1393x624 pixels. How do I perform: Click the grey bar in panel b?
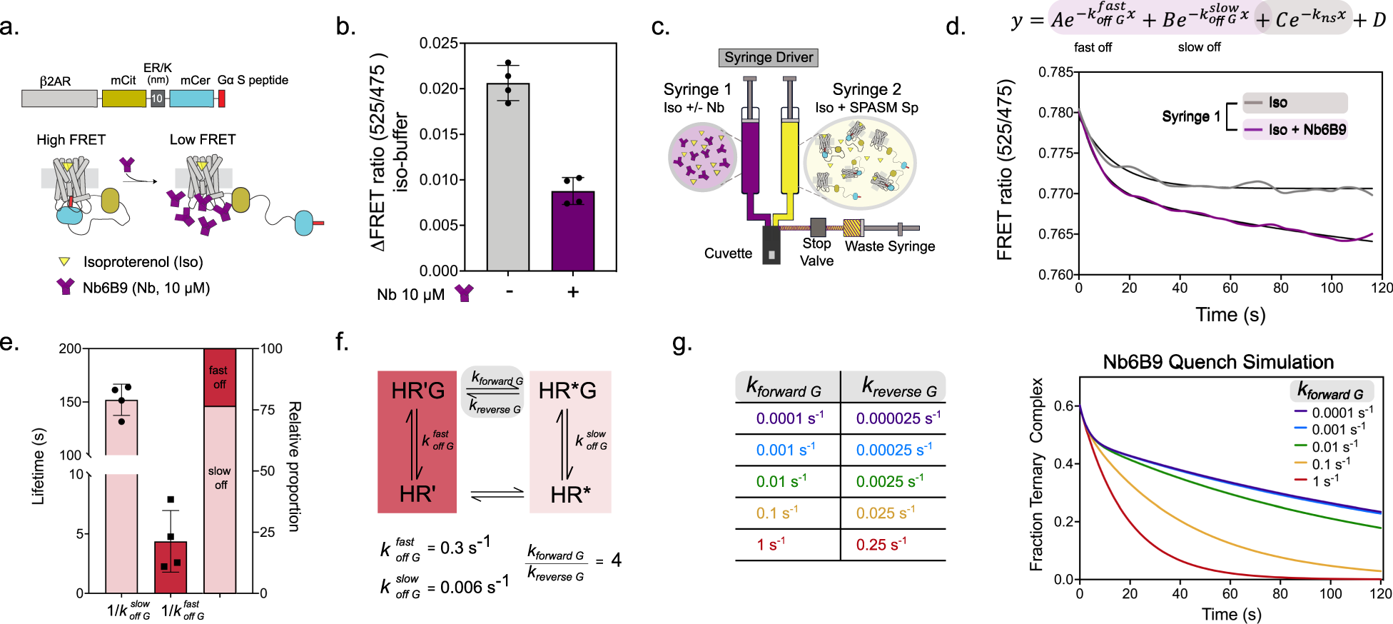(x=507, y=177)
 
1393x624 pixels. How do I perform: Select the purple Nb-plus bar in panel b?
(x=572, y=231)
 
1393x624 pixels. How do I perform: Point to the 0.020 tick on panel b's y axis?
(x=438, y=89)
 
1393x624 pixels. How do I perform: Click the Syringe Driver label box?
(x=768, y=58)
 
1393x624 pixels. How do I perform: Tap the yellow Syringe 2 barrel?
(x=789, y=157)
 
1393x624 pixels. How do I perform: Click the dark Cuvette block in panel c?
(x=771, y=246)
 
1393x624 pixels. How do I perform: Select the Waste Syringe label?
(x=890, y=246)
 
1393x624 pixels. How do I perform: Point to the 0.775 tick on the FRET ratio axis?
(x=1056, y=154)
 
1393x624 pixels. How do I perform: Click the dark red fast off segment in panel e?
(x=219, y=377)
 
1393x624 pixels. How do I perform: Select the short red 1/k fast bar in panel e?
(x=171, y=567)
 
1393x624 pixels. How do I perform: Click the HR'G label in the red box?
(x=417, y=391)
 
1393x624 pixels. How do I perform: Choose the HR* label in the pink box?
(x=570, y=495)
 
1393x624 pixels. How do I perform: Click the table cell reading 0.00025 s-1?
(x=893, y=450)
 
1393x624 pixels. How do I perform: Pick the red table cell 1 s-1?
(x=771, y=545)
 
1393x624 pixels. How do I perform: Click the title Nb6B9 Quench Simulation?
(x=1217, y=362)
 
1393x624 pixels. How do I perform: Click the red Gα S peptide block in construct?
(x=221, y=99)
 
